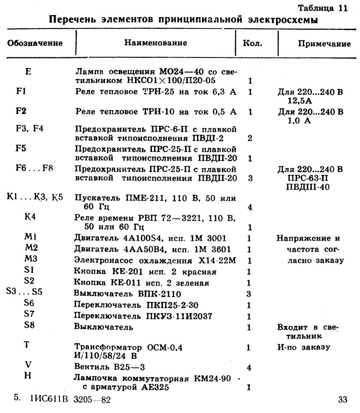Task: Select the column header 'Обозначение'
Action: tap(35, 43)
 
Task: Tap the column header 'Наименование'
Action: tap(156, 43)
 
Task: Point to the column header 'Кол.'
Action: tap(253, 44)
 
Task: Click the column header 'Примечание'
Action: tap(324, 44)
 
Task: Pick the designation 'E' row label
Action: tap(29, 71)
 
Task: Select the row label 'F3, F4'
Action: tap(30, 128)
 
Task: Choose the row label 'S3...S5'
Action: tap(24, 291)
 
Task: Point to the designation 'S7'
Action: tap(29, 313)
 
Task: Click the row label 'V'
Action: tap(28, 364)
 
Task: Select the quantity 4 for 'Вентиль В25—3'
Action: tap(249, 368)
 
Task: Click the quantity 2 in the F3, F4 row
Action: tap(249, 138)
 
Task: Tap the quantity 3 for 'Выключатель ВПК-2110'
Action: tap(249, 294)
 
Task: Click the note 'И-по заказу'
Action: tap(303, 347)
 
